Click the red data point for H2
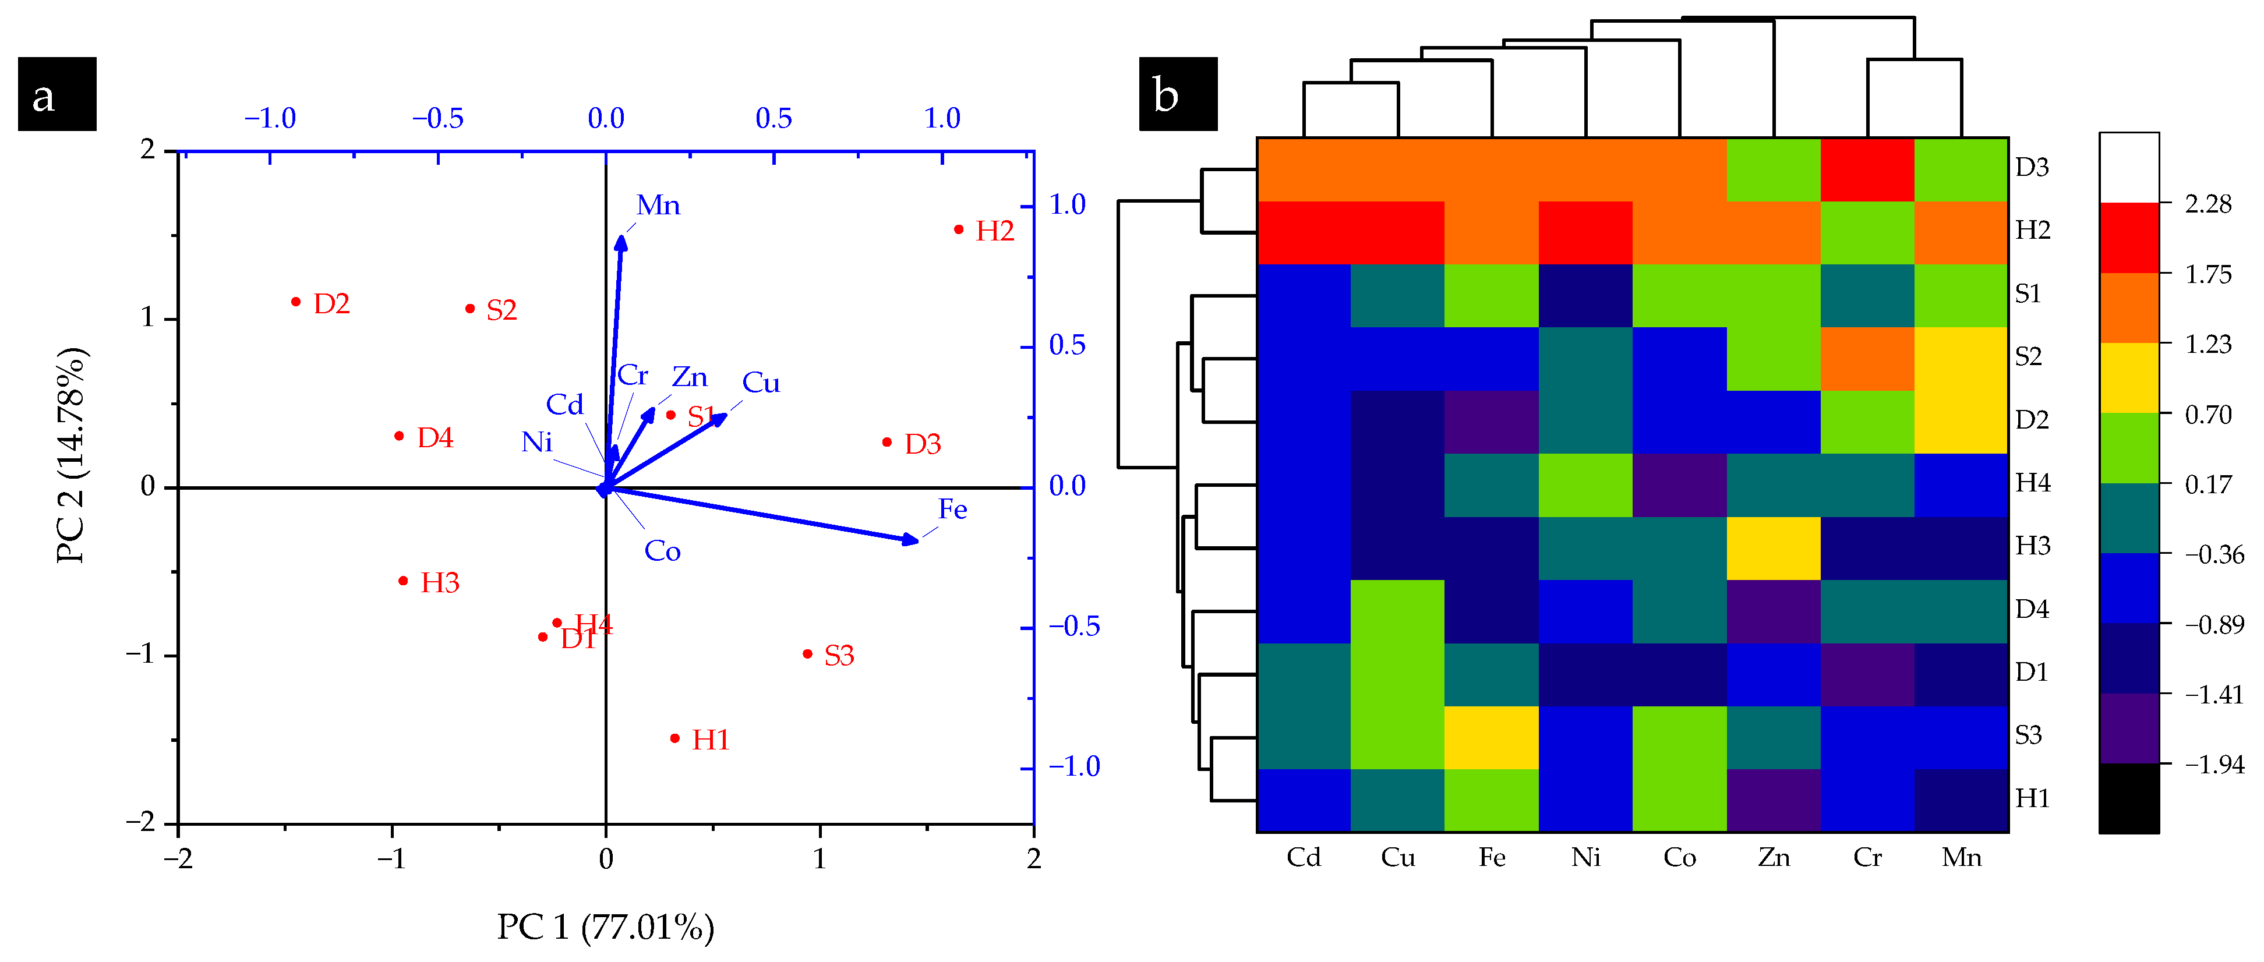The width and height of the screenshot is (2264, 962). [x=959, y=229]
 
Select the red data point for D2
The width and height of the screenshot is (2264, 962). [x=296, y=301]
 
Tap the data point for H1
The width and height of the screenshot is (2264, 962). [x=675, y=738]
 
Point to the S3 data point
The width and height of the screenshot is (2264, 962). [x=808, y=653]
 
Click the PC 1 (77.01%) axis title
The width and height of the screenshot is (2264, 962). [x=606, y=927]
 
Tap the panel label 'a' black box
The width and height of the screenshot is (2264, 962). [x=57, y=94]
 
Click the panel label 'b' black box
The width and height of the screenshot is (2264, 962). [x=1178, y=94]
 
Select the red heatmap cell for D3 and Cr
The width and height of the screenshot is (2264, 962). [x=1867, y=169]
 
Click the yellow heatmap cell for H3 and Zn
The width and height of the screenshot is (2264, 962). [x=1774, y=547]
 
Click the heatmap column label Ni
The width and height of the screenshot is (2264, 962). [x=1585, y=857]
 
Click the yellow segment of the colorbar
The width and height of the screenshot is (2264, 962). [x=2129, y=378]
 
